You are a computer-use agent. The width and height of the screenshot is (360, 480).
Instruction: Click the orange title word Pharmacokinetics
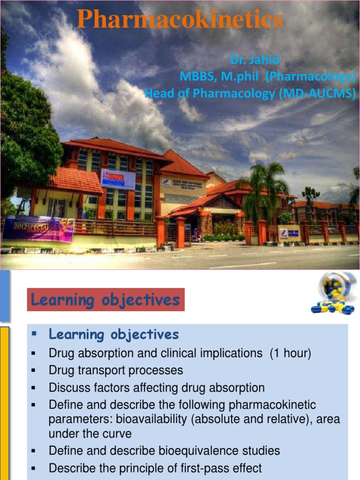click(x=180, y=20)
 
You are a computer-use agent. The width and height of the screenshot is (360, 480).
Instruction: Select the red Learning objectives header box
click(x=105, y=300)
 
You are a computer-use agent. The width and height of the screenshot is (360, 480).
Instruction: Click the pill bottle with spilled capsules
click(x=334, y=293)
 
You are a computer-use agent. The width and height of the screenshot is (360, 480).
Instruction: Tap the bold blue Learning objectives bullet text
click(x=114, y=335)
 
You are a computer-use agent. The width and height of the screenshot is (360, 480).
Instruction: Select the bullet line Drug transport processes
click(x=116, y=370)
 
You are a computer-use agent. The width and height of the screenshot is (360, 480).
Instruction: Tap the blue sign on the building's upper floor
click(x=118, y=179)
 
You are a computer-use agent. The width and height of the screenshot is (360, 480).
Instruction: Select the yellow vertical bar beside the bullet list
click(x=4, y=403)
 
